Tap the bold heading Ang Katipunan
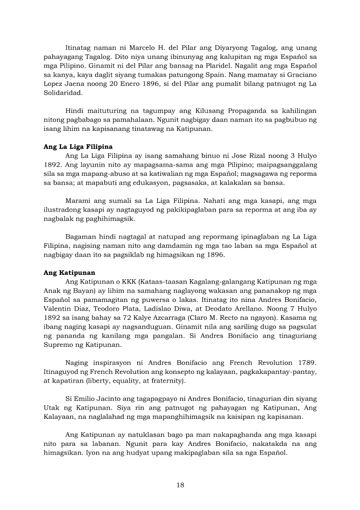click(x=69, y=273)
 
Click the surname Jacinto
click(x=112, y=399)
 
